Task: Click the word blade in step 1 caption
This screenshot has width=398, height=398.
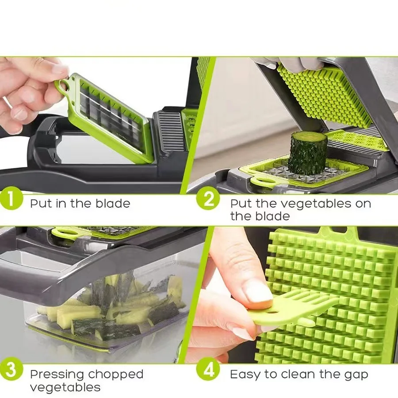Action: click(x=112, y=203)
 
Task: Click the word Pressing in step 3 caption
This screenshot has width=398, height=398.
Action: click(x=57, y=374)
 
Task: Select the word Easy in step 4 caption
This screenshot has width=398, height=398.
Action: click(x=245, y=375)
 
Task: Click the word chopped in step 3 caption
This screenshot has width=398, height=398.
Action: click(x=116, y=374)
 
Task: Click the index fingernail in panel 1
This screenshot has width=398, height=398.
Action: click(x=60, y=69)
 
